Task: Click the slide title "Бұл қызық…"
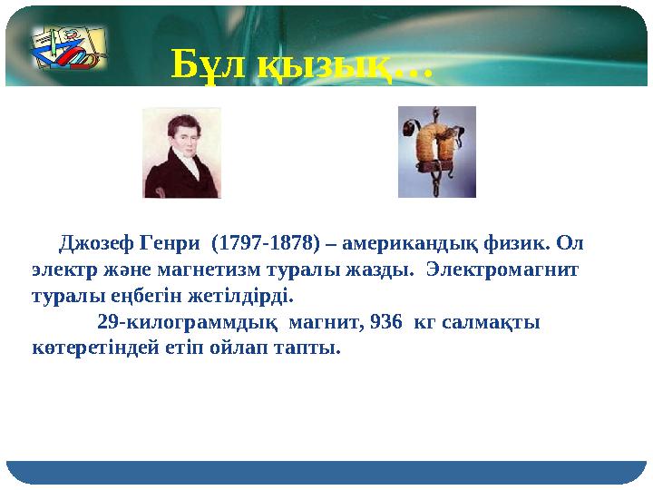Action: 303,64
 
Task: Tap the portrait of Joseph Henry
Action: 181,152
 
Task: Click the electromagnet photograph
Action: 437,152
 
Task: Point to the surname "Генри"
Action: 163,244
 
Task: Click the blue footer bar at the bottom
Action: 326,472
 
